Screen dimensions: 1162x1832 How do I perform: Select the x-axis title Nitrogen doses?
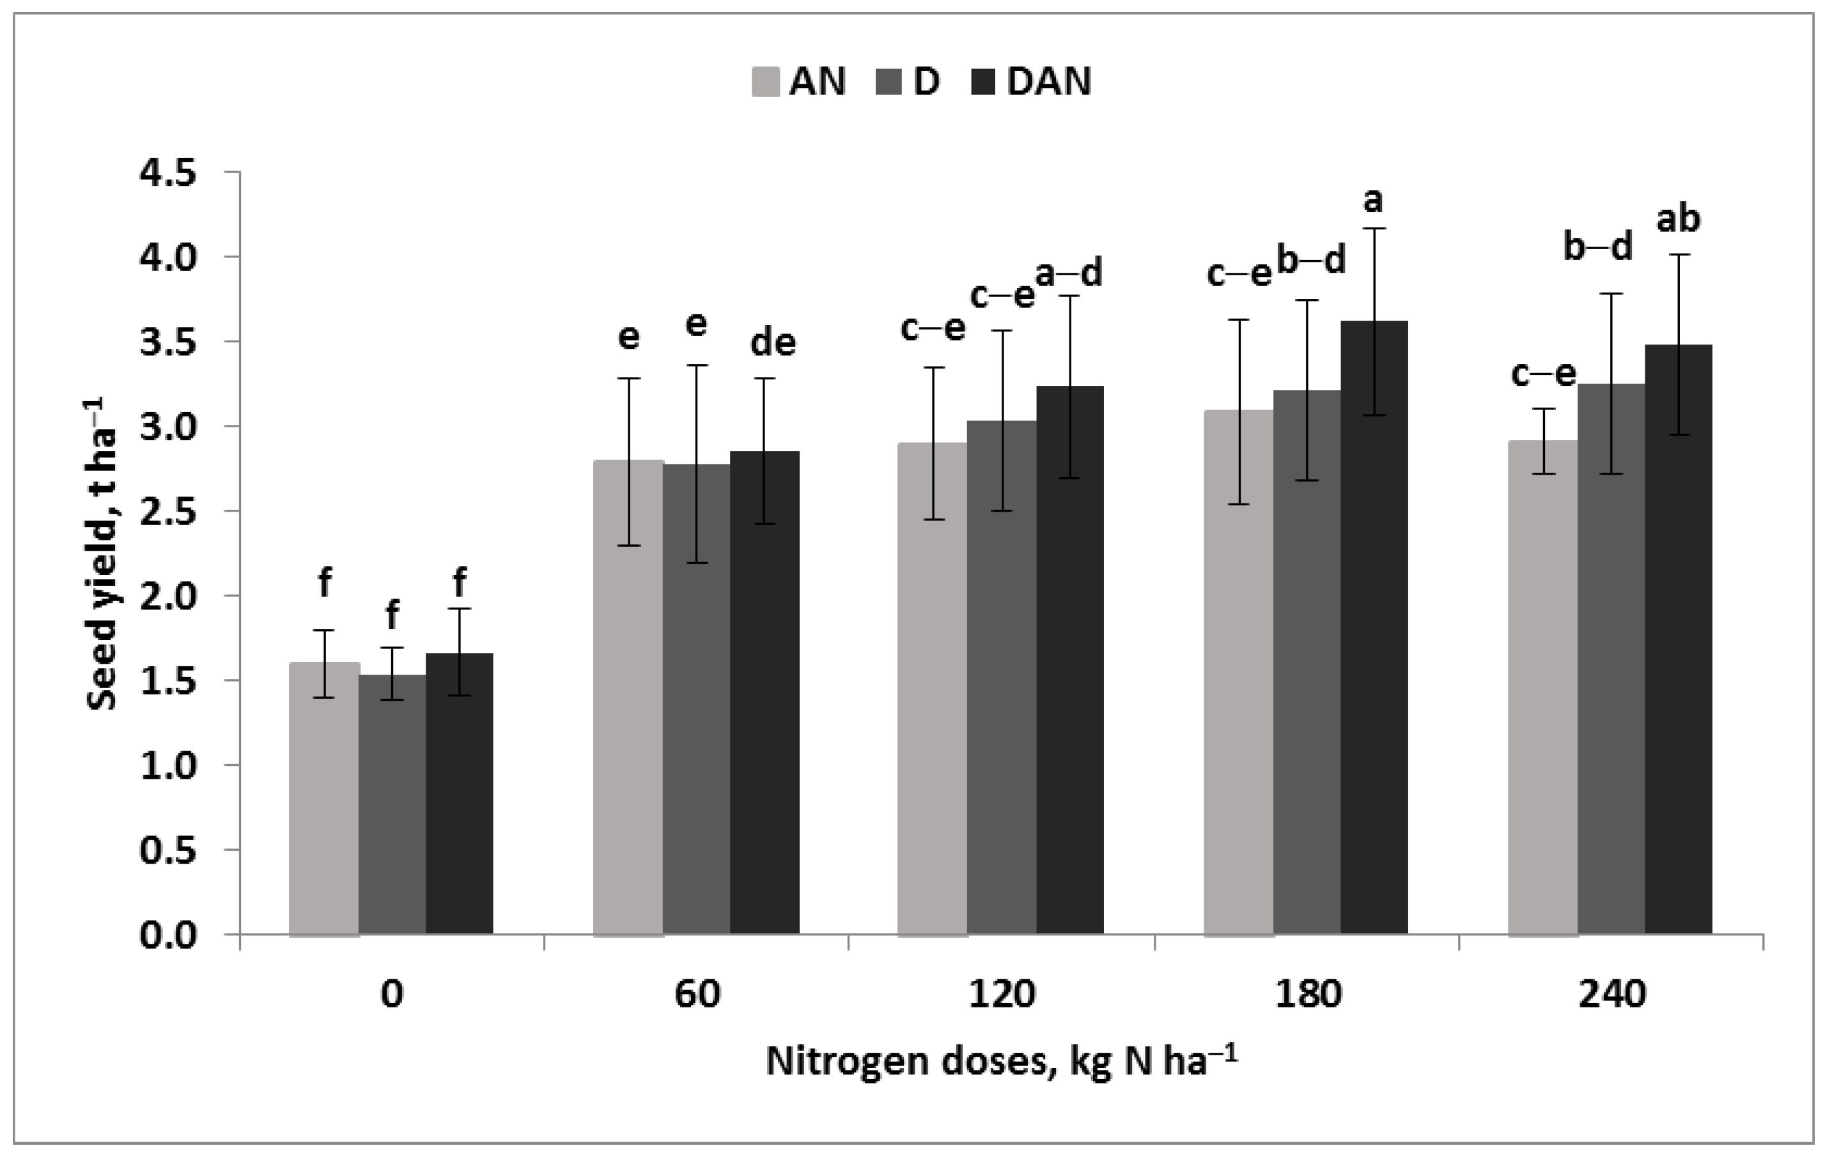tap(1001, 1062)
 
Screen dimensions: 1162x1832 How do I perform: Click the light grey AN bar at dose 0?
tap(324, 799)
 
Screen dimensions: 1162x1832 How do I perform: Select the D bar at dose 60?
tap(697, 699)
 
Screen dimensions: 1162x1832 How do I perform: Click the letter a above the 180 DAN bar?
tap(1372, 201)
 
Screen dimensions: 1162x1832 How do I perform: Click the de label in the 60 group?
tap(773, 343)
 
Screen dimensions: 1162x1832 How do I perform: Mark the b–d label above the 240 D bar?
tap(1597, 247)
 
